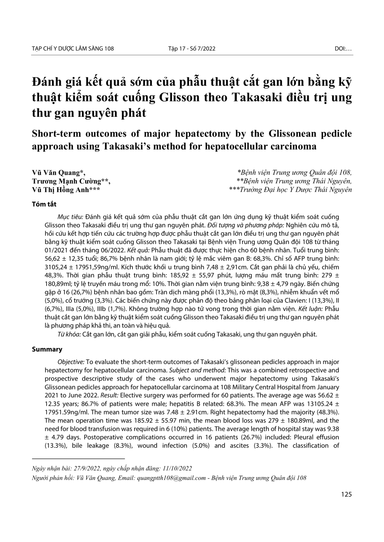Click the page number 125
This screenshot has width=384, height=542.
click(x=346, y=494)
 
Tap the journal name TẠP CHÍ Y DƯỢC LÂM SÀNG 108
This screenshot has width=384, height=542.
click(x=73, y=49)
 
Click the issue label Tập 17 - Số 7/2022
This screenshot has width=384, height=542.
click(x=192, y=49)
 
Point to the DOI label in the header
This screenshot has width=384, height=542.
click(x=343, y=49)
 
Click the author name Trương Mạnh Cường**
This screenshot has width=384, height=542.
click(x=71, y=181)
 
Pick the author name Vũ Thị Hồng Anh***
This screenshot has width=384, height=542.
click(x=66, y=190)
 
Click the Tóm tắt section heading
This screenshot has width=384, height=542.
click(x=44, y=204)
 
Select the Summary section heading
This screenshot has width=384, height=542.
click(x=47, y=349)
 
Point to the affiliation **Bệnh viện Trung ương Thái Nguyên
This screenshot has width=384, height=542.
click(x=295, y=181)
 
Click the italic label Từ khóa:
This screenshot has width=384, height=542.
click(x=69, y=334)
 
